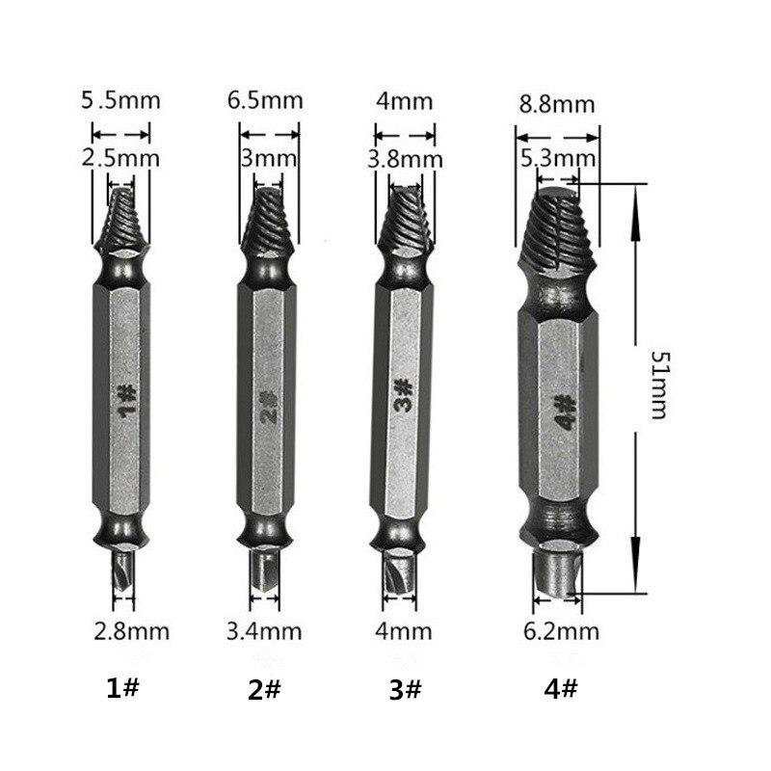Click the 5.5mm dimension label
tap(120, 99)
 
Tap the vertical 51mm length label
tap(657, 385)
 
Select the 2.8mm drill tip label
tap(132, 631)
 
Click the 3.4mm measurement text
tap(264, 631)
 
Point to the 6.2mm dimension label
tap(562, 631)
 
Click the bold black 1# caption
tap(124, 690)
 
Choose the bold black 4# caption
tap(562, 690)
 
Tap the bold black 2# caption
tap(263, 690)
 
